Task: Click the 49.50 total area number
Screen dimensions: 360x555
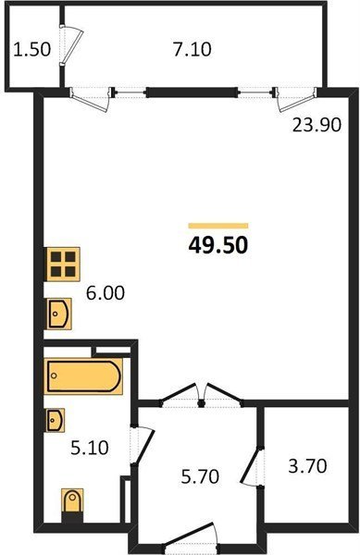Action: click(218, 245)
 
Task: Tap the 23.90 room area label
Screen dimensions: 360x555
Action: click(317, 125)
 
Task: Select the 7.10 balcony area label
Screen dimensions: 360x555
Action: click(192, 49)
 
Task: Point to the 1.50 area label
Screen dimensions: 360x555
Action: click(31, 49)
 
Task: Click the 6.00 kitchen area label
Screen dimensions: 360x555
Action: click(106, 293)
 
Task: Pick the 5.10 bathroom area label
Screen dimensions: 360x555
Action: click(90, 448)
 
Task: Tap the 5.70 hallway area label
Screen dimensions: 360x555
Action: click(200, 476)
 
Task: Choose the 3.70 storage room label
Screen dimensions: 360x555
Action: click(307, 466)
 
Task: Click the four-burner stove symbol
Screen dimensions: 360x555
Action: click(62, 264)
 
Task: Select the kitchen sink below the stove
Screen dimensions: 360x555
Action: click(59, 314)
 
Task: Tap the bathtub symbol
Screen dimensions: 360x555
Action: click(83, 376)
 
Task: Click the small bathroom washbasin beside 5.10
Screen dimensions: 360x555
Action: click(56, 420)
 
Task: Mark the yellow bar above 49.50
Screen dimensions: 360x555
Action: click(218, 226)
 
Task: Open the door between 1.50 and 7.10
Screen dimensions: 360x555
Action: click(70, 45)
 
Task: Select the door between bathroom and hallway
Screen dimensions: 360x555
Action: click(143, 445)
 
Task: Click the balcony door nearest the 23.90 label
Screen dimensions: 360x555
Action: click(297, 99)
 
